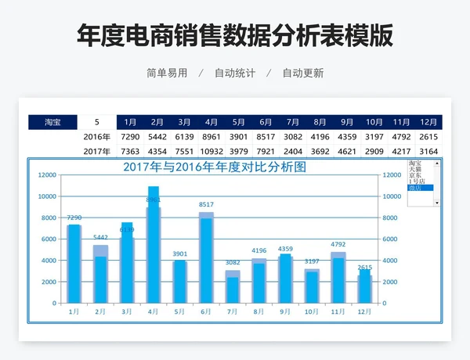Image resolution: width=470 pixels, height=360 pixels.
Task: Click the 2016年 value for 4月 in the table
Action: (x=211, y=137)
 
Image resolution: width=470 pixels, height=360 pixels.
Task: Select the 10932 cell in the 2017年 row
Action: (x=211, y=151)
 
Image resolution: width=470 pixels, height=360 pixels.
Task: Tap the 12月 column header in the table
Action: (x=428, y=122)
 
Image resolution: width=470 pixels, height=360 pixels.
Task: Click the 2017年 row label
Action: (x=96, y=151)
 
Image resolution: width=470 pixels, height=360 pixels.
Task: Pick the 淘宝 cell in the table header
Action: (x=53, y=122)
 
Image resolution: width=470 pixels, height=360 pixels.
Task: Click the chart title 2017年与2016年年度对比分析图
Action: (x=214, y=167)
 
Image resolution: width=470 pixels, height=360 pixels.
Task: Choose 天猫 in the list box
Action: (x=415, y=170)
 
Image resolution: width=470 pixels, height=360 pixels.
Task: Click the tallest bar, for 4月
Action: (x=154, y=247)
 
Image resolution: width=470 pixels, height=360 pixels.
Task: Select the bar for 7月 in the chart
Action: (x=233, y=288)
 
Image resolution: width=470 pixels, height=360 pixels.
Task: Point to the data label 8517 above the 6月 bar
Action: (x=206, y=205)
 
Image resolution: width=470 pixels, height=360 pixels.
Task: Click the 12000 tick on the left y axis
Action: (x=48, y=175)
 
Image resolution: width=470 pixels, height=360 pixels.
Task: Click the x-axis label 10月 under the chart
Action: (x=312, y=311)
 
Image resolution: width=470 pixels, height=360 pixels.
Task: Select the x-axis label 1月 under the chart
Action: (x=74, y=311)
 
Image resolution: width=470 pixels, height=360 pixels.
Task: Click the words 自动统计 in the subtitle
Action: (x=236, y=73)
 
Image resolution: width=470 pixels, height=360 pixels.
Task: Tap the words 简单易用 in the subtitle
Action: (x=167, y=73)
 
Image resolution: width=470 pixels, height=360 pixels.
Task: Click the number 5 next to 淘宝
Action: (x=96, y=122)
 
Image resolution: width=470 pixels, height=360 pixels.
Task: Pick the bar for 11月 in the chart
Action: (x=338, y=279)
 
